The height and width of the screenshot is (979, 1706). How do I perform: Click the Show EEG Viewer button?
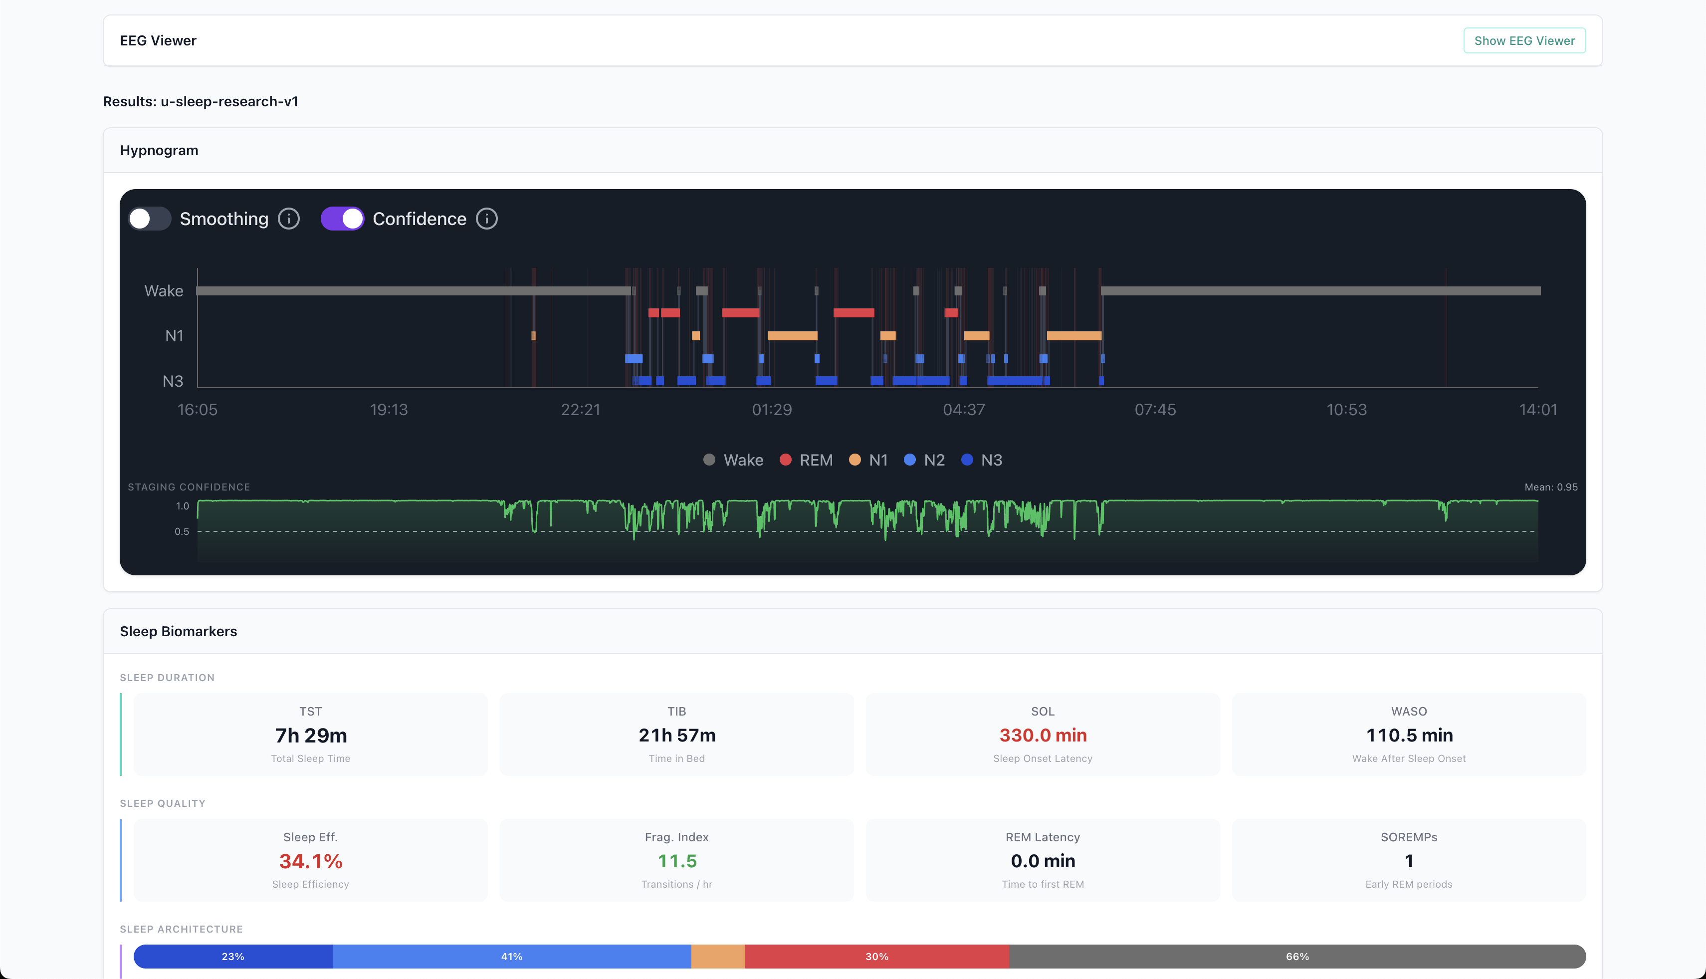[x=1524, y=41]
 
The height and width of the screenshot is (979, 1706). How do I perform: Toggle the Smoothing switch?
[x=150, y=219]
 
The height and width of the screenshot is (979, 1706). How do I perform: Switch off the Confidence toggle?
[x=342, y=219]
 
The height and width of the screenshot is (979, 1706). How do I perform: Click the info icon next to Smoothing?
[x=289, y=219]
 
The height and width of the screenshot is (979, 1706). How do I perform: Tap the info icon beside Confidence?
[x=487, y=219]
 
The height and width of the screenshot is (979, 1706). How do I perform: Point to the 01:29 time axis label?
[x=772, y=410]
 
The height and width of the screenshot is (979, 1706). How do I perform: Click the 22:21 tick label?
[x=580, y=410]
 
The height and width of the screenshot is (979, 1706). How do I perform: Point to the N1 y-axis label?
[x=174, y=335]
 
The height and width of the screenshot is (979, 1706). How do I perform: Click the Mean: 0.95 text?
[x=1551, y=487]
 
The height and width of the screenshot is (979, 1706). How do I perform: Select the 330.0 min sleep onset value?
[x=1043, y=735]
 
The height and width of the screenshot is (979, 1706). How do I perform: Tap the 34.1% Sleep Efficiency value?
[x=311, y=861]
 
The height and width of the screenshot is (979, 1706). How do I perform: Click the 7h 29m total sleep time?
[x=311, y=735]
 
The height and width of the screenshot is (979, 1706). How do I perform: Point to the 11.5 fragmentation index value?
[x=677, y=861]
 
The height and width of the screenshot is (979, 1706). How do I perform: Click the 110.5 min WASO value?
[x=1409, y=735]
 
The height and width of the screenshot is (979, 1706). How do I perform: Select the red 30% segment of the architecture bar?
[x=876, y=956]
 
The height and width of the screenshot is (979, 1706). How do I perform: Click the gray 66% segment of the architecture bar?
[x=1296, y=956]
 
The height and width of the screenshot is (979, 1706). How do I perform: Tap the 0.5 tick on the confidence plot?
[x=182, y=531]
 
